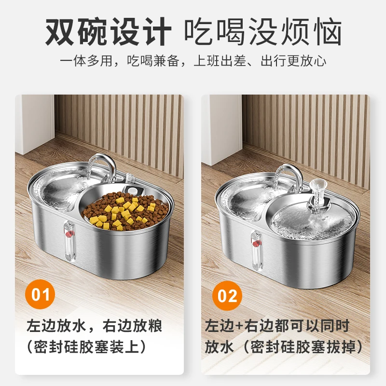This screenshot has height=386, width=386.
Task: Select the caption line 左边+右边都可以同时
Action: pos(277,326)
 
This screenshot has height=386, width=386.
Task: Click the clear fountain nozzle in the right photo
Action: pos(317,193)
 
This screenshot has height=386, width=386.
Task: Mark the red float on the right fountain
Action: pos(256,240)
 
